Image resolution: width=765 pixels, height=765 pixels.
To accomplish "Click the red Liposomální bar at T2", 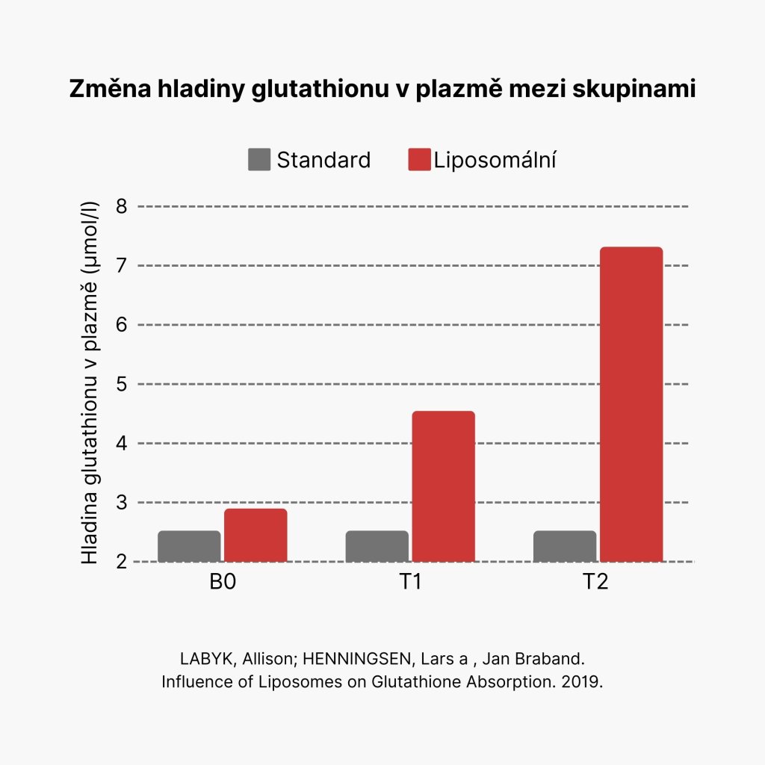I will [x=631, y=403].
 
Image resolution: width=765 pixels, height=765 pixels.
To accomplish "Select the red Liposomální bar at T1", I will [x=444, y=486].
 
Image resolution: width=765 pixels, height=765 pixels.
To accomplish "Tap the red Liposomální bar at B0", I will [x=255, y=535].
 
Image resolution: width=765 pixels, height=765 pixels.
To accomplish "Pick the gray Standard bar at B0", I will [x=189, y=546].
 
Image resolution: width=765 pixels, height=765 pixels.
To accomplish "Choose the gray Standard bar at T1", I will [x=377, y=546].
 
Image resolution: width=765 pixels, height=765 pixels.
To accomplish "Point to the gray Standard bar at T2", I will [x=565, y=546].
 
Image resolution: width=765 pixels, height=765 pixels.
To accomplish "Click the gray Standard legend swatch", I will [x=259, y=160].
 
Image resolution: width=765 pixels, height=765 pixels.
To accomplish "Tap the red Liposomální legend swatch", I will [x=420, y=160].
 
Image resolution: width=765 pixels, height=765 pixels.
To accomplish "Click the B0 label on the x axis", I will [x=223, y=582].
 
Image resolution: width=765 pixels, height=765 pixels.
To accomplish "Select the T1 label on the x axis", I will [x=409, y=582].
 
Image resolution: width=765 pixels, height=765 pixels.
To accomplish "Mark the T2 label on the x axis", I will [x=596, y=582].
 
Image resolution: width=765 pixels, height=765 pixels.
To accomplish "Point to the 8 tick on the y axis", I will [x=122, y=206].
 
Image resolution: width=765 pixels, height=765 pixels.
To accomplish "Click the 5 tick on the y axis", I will [x=122, y=384].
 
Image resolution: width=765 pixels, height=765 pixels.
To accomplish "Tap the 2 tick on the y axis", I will [x=122, y=562].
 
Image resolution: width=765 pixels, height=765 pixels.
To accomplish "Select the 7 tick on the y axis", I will [x=122, y=265].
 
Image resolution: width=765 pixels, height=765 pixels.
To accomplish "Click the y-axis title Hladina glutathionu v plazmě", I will [x=90, y=383].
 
